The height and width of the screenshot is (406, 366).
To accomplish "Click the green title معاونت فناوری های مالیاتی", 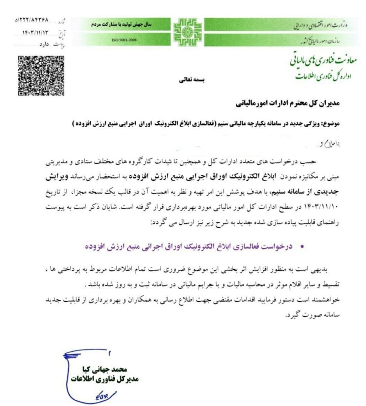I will click(323, 59).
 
